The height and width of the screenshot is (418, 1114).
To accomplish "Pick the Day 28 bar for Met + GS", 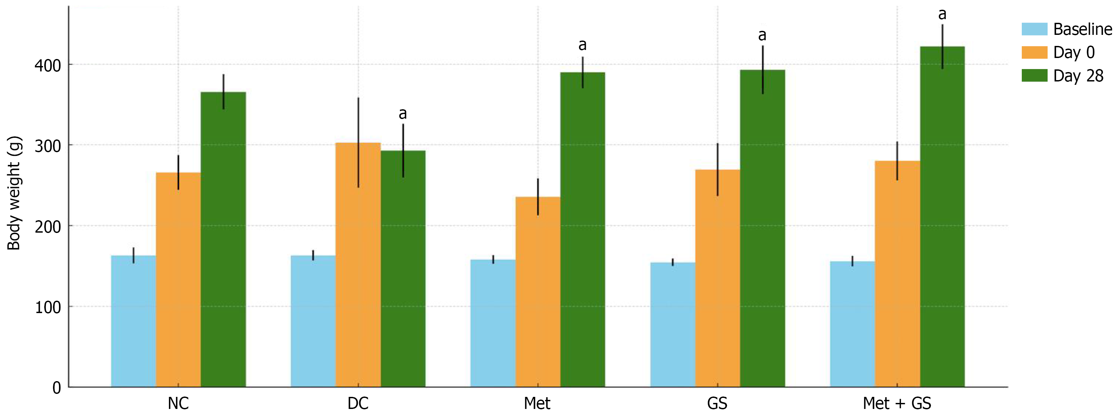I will pos(942,217).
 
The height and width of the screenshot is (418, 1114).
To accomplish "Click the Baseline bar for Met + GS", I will pos(852,324).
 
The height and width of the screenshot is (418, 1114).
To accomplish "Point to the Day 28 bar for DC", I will pos(403,268).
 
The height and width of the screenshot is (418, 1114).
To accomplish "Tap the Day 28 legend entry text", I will pos(1078,76).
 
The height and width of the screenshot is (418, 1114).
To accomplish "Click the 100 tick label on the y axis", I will pos(48,307).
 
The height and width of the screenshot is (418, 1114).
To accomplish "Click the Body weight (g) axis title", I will pos(14,193).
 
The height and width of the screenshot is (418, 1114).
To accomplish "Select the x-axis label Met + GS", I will pos(897,403).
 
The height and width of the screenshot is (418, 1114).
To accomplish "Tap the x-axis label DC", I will pos(358,403).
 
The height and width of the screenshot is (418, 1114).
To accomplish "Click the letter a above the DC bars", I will pos(403,114).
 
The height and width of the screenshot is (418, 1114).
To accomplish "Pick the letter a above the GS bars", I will pos(762,35).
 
